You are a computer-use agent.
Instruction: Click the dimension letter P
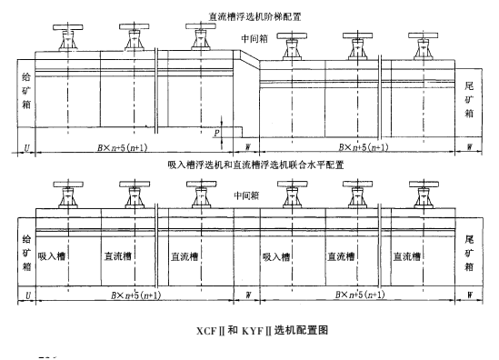click(x=215, y=131)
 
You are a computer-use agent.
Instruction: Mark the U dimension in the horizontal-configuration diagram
click(x=28, y=295)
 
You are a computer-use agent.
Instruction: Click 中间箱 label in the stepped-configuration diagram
click(x=254, y=38)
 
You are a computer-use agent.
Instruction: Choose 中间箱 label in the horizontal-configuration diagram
click(x=246, y=195)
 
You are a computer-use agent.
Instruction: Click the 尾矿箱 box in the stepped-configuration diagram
click(x=469, y=95)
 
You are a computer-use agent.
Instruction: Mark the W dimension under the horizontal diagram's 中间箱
click(x=247, y=295)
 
